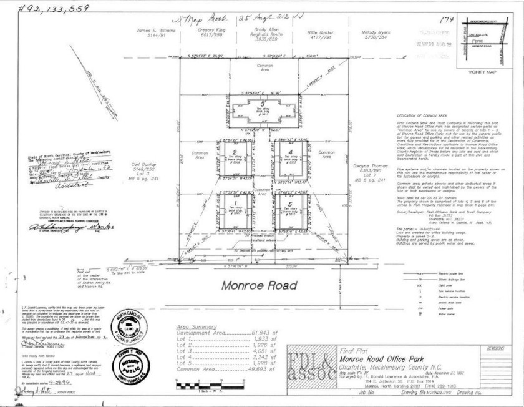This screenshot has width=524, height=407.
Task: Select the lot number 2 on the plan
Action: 234,152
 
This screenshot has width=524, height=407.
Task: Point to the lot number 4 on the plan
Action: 291,152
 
